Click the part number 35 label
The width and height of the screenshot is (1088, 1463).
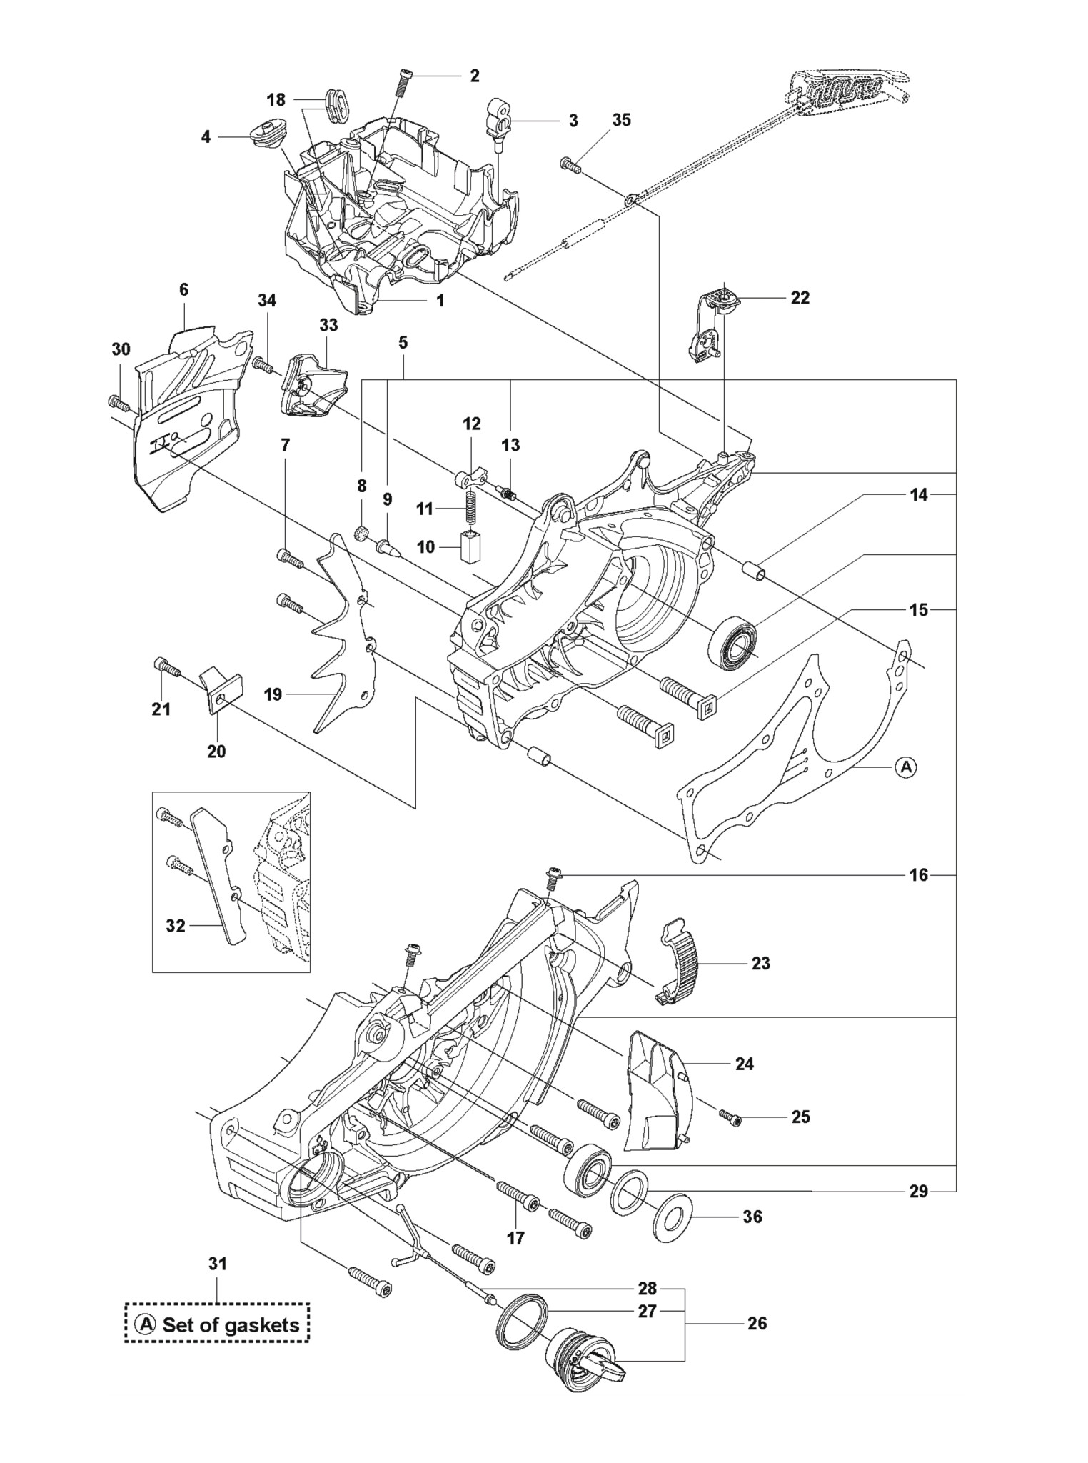click(x=622, y=120)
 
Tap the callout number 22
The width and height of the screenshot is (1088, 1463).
click(x=800, y=298)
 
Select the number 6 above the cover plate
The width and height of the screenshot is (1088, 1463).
click(x=184, y=289)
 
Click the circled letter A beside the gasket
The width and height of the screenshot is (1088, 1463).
click(x=905, y=767)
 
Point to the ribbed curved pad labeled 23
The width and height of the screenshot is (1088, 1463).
click(x=678, y=964)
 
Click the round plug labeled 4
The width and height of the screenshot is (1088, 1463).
click(x=262, y=134)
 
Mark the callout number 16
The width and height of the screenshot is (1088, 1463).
click(x=919, y=874)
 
